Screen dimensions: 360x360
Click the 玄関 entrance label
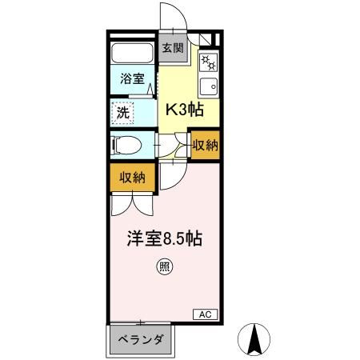pos(173,48)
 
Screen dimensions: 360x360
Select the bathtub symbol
pos(133,55)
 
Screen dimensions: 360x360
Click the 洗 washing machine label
pos(124,113)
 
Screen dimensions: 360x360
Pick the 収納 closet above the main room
pos(133,178)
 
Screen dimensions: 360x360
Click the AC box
pos(203,314)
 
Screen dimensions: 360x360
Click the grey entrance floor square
pos(173,49)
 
